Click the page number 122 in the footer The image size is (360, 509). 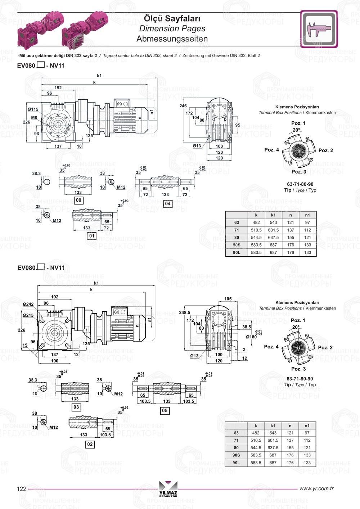click(22, 488)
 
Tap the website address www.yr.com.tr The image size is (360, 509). click(316, 488)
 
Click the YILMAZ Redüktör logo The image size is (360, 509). click(168, 489)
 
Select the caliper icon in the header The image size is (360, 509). click(319, 29)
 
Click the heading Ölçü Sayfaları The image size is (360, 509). click(172, 18)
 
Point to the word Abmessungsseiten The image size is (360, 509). click(172, 39)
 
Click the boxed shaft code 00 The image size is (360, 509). click(78, 200)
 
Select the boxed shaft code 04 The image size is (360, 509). click(167, 204)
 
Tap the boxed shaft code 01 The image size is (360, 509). click(92, 236)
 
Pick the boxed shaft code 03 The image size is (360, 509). click(76, 407)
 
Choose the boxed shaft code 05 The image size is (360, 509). click(165, 410)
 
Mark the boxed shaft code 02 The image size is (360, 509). click(90, 444)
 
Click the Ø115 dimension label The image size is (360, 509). click(33, 109)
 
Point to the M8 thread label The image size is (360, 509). click(34, 117)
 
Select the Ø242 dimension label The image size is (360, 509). click(28, 304)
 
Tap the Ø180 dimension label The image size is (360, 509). click(251, 337)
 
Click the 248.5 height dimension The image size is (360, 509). click(184, 312)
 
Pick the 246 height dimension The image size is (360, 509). click(183, 106)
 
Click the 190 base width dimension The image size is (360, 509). click(55, 361)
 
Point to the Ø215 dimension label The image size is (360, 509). click(28, 315)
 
